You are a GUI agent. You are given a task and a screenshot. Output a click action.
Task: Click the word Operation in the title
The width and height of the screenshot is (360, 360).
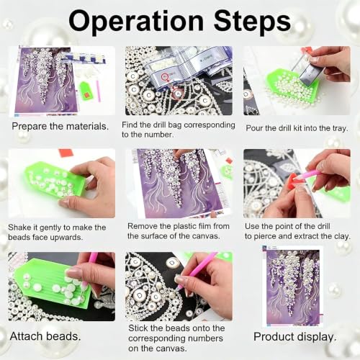[x=136, y=22]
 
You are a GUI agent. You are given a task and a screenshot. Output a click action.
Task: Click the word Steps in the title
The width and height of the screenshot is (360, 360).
[x=252, y=23]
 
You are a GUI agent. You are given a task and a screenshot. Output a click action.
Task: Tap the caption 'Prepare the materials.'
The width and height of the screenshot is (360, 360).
[x=60, y=127]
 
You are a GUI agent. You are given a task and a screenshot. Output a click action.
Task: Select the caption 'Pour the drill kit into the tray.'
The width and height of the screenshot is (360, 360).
[x=297, y=128]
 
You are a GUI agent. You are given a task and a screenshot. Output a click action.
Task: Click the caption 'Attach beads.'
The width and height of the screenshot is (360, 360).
[x=45, y=336]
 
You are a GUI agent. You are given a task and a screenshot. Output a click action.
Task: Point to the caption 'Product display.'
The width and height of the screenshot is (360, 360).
[x=295, y=337]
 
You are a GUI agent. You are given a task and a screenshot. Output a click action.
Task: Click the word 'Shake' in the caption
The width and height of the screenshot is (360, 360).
[x=19, y=228]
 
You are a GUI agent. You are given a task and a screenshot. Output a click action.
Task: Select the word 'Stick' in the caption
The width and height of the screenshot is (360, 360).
[x=138, y=328]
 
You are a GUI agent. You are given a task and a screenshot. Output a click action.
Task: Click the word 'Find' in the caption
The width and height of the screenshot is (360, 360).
[x=130, y=125]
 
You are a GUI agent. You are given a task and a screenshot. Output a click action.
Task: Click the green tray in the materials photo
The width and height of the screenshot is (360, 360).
[x=84, y=91]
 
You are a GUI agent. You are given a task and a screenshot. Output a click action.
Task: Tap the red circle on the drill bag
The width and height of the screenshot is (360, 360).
[x=165, y=77]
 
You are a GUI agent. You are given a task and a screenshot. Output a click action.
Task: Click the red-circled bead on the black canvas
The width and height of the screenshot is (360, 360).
[x=178, y=94]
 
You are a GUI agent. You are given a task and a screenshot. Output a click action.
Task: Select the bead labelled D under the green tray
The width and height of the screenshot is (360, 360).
[x=172, y=264]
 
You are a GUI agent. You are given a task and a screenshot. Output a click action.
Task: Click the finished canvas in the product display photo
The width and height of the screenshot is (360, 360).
[x=293, y=286]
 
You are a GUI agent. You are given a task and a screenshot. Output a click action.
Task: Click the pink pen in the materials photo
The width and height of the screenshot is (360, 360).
[x=98, y=91]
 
